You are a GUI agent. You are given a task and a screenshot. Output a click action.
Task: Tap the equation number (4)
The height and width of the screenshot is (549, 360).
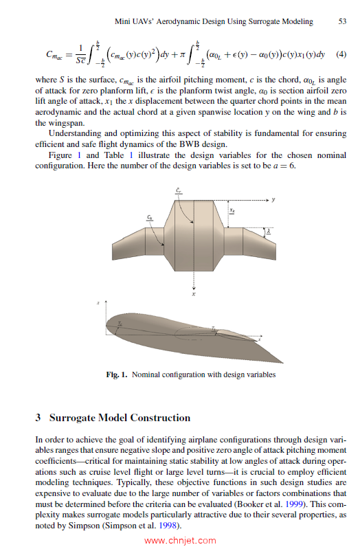(x=340, y=54)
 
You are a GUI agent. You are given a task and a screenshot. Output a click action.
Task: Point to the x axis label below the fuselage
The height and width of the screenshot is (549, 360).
(x=194, y=295)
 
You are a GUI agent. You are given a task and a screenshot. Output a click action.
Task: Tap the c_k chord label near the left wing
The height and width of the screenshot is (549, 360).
(x=150, y=216)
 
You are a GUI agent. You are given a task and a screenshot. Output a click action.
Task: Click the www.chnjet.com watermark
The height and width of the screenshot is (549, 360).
(x=180, y=540)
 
